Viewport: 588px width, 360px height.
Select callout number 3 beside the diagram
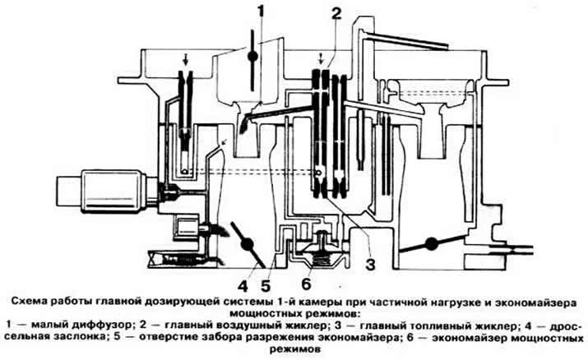(370, 265)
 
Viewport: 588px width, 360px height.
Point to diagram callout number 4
(244, 286)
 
